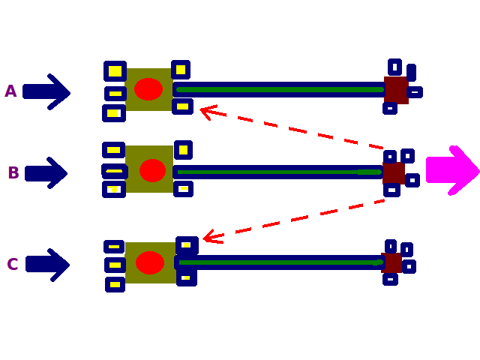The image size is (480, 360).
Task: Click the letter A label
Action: point(10,91)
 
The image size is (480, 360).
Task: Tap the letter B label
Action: point(13,173)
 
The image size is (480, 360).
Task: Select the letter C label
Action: point(12,265)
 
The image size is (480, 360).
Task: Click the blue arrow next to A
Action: point(46,91)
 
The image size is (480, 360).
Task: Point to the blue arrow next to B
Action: point(46,173)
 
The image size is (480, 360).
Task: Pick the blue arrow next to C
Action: point(47,265)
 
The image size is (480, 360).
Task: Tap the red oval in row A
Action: point(148,89)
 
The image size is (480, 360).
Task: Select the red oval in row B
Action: point(152,170)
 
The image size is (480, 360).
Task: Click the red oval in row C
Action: point(150,262)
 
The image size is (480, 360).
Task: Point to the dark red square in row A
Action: point(395,90)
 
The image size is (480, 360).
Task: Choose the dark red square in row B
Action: point(393,173)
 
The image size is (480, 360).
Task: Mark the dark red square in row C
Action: point(391,263)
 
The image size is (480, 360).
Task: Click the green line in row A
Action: point(281,90)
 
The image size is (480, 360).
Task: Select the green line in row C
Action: point(281,262)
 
